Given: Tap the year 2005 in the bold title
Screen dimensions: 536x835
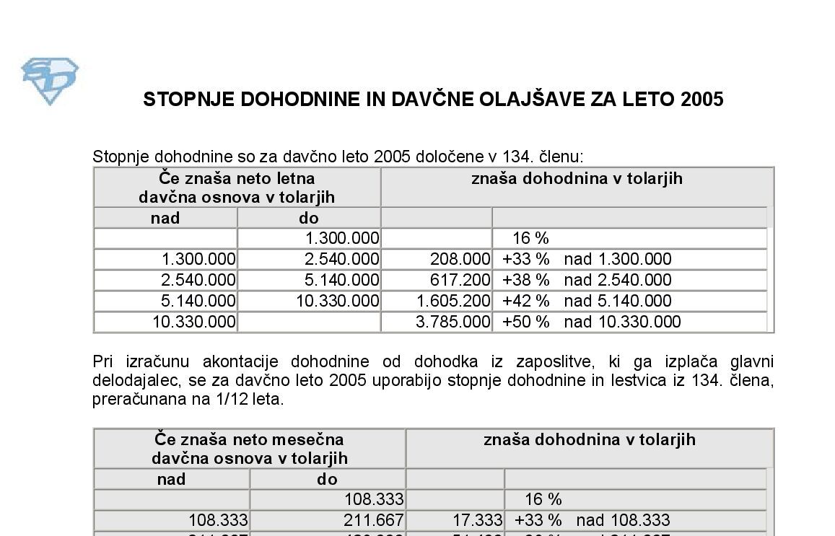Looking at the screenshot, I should pos(701,100).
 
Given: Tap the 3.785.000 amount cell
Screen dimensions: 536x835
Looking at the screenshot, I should pos(453,322).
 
